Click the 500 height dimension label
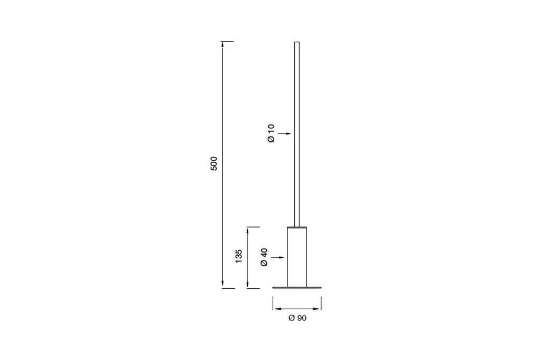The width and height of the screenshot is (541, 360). pos(214,164)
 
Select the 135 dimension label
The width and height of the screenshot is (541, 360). pos(239,256)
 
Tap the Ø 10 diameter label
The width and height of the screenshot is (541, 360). pos(271,133)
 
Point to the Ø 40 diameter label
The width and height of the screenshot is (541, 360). pos(264,257)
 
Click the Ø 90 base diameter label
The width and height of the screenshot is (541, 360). pos(297,318)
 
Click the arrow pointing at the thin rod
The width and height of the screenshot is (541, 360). pos(285,134)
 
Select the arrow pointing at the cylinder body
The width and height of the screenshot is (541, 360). pos(278,257)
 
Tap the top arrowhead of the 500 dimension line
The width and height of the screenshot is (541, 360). pos(222,45)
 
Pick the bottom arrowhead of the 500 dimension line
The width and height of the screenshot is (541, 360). pos(222,285)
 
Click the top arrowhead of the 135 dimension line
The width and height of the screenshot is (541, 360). pos(248,230)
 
